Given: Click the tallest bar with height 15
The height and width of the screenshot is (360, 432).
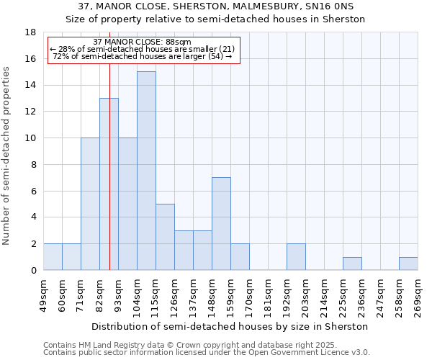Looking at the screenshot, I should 146,171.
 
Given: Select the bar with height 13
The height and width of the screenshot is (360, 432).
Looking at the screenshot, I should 109,184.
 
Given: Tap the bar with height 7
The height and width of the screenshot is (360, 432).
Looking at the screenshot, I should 221,223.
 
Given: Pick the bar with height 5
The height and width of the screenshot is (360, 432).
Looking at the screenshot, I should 165,237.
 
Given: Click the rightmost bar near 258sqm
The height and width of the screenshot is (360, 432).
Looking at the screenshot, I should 408,264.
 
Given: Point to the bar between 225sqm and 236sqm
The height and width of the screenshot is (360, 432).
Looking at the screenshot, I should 352,264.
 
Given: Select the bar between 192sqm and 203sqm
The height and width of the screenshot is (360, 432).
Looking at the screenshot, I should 296,257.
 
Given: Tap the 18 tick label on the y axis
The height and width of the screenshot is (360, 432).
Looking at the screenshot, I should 31,32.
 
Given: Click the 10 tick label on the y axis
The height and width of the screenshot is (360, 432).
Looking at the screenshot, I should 31,138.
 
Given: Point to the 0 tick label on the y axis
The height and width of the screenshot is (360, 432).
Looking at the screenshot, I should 34,271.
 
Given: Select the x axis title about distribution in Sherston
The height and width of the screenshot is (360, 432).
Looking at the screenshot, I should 230,326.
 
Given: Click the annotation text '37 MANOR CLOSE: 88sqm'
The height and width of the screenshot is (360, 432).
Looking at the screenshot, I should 142,42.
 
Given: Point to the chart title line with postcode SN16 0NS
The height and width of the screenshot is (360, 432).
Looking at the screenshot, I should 215,8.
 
